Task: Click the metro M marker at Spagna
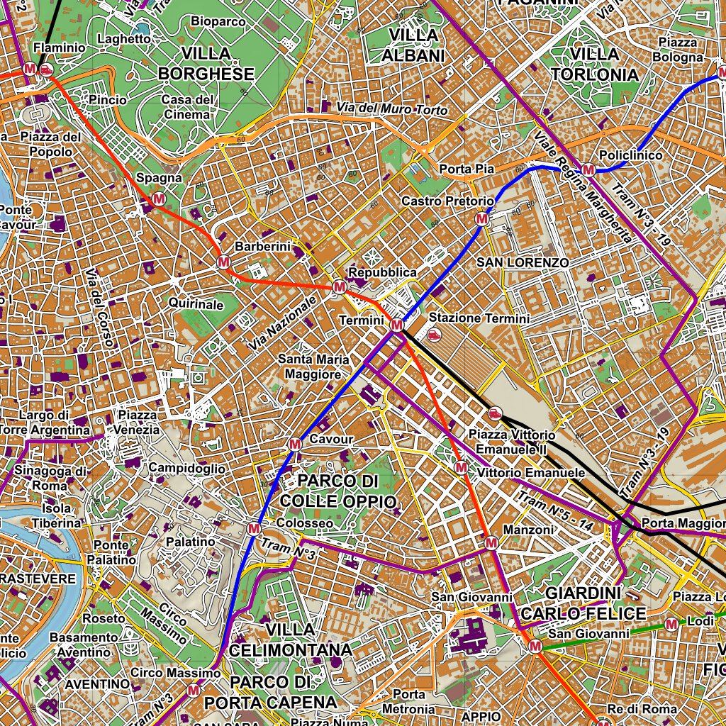pos(159,199)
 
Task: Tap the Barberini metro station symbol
pos(223,262)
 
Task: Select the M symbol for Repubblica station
pos(339,287)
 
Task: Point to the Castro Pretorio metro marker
pos(482,218)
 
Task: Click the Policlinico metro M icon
pos(588,169)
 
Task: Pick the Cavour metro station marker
pos(295,445)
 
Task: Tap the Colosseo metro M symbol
pos(255,528)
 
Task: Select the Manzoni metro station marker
pos(491,543)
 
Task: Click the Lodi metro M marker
pos(671,624)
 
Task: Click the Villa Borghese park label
pos(206,64)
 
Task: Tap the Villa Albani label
pos(413,45)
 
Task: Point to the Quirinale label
pos(196,303)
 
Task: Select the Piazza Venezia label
pos(138,422)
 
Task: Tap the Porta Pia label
pos(466,169)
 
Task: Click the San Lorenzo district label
pos(522,262)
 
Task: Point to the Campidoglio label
pos(186,469)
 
